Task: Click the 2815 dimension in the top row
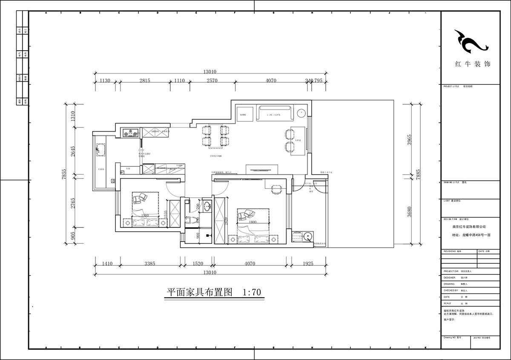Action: point(145,81)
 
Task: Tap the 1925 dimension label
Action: point(307,264)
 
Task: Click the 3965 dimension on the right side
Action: point(410,139)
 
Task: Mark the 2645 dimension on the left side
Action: point(73,152)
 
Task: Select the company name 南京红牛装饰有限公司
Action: point(469,227)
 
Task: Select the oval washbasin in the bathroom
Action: point(207,207)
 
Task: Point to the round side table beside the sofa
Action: point(301,113)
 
